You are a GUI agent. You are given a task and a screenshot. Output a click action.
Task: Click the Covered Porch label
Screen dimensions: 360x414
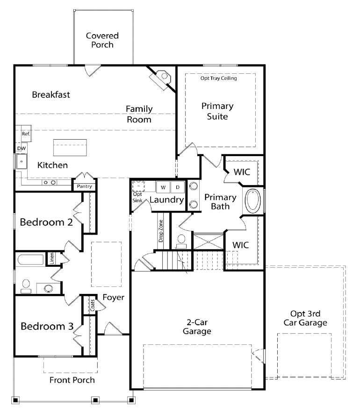102,40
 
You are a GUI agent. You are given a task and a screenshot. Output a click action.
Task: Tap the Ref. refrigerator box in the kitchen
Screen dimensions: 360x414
26,134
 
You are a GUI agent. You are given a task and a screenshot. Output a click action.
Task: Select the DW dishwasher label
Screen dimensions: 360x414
22,149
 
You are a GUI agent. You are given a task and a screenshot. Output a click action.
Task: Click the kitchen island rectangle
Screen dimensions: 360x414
70,148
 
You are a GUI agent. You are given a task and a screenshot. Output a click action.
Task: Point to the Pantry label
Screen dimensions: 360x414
84,186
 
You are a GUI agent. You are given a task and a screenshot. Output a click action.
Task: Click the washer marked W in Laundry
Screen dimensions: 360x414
163,187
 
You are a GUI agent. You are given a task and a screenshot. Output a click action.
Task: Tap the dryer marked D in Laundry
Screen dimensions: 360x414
178,187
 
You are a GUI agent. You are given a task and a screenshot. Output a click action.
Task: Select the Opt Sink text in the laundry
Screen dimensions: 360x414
137,197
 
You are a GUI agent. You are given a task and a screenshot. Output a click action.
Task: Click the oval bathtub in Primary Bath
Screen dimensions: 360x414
253,200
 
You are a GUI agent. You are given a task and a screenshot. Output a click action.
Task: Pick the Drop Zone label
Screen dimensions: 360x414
161,231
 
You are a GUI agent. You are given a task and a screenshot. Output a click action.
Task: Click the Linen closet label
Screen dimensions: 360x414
52,258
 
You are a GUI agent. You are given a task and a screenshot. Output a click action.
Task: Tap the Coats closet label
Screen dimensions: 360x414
93,305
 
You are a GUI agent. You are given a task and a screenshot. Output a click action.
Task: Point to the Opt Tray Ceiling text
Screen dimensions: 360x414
218,78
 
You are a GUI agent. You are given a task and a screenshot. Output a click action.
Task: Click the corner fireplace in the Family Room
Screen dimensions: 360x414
160,79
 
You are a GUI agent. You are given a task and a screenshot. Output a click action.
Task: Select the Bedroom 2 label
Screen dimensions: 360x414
46,222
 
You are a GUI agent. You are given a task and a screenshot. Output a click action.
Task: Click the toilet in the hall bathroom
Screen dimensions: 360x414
26,286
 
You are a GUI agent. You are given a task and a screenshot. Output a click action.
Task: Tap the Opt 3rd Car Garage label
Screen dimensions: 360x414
305,318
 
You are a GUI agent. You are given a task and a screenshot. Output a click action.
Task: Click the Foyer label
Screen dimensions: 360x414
113,298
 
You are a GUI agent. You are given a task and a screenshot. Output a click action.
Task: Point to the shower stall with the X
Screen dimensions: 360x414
209,242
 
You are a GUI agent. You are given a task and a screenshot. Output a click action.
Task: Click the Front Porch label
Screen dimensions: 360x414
72,380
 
